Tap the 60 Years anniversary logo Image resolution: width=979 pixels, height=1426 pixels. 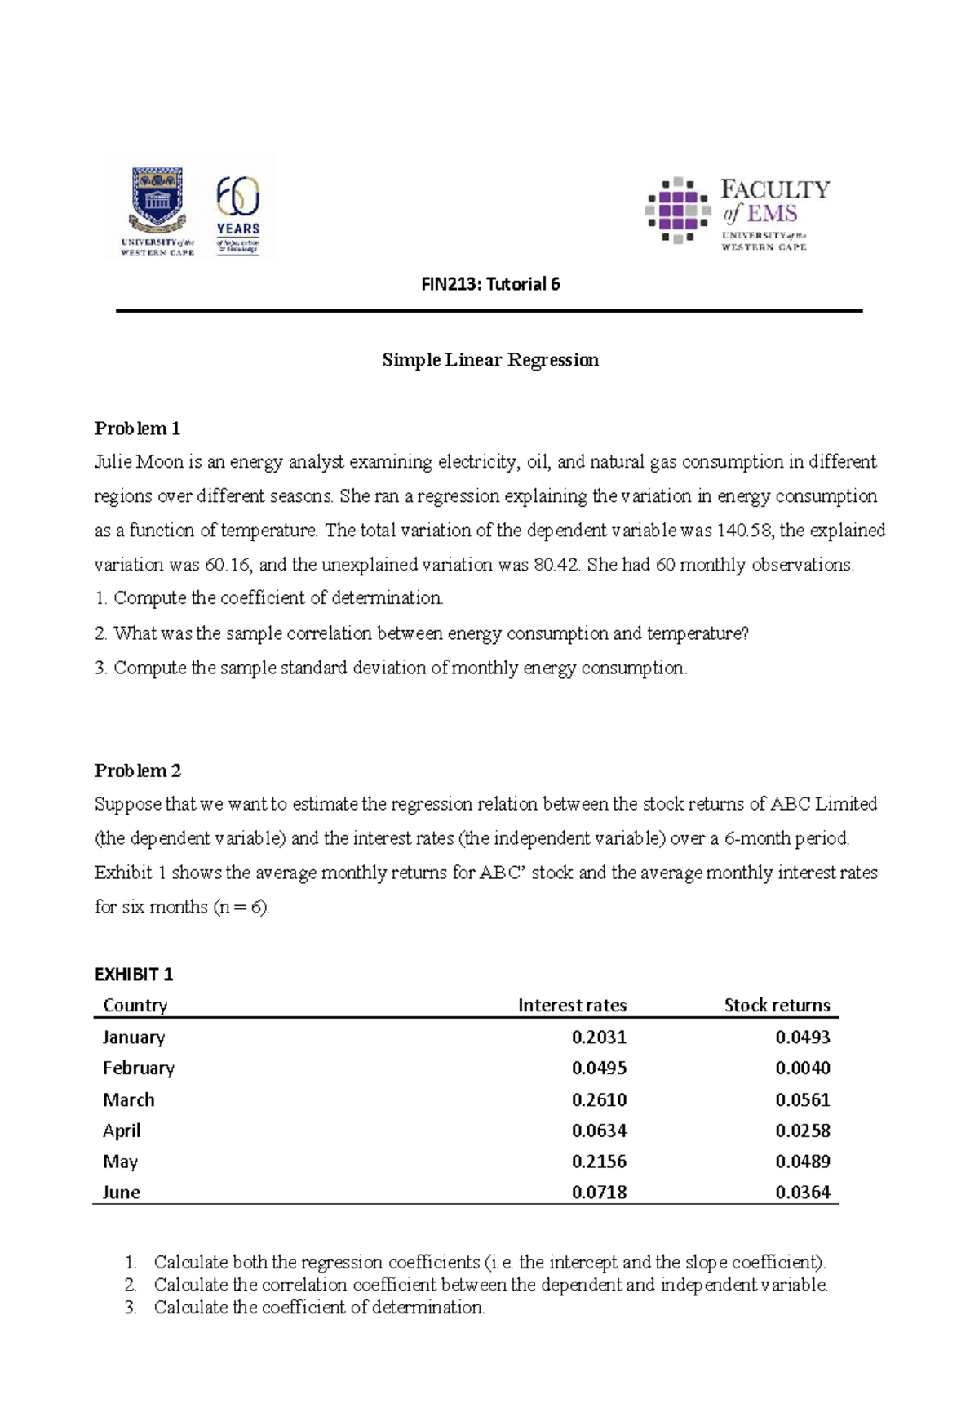tap(238, 214)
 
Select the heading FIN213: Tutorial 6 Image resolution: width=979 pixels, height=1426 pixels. tap(490, 284)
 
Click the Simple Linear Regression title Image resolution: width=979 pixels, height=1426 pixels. tap(490, 360)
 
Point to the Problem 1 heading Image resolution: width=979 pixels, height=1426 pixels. tap(137, 429)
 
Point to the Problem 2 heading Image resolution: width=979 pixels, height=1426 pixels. tap(137, 771)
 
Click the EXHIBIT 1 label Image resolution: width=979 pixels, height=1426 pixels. tap(134, 974)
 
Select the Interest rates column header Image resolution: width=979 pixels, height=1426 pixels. tap(572, 1005)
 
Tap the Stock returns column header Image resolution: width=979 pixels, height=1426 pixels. tap(777, 1005)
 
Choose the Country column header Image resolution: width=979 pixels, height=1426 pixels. tap(135, 1005)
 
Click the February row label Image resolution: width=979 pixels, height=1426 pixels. tap(139, 1068)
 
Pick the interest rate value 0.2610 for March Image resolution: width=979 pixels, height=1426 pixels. tap(599, 1099)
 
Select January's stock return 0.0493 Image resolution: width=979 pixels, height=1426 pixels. tap(803, 1037)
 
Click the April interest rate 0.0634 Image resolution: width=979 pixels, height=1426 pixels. tap(599, 1131)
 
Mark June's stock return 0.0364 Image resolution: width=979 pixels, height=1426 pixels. tap(803, 1192)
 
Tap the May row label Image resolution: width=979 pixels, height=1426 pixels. tap(120, 1162)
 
